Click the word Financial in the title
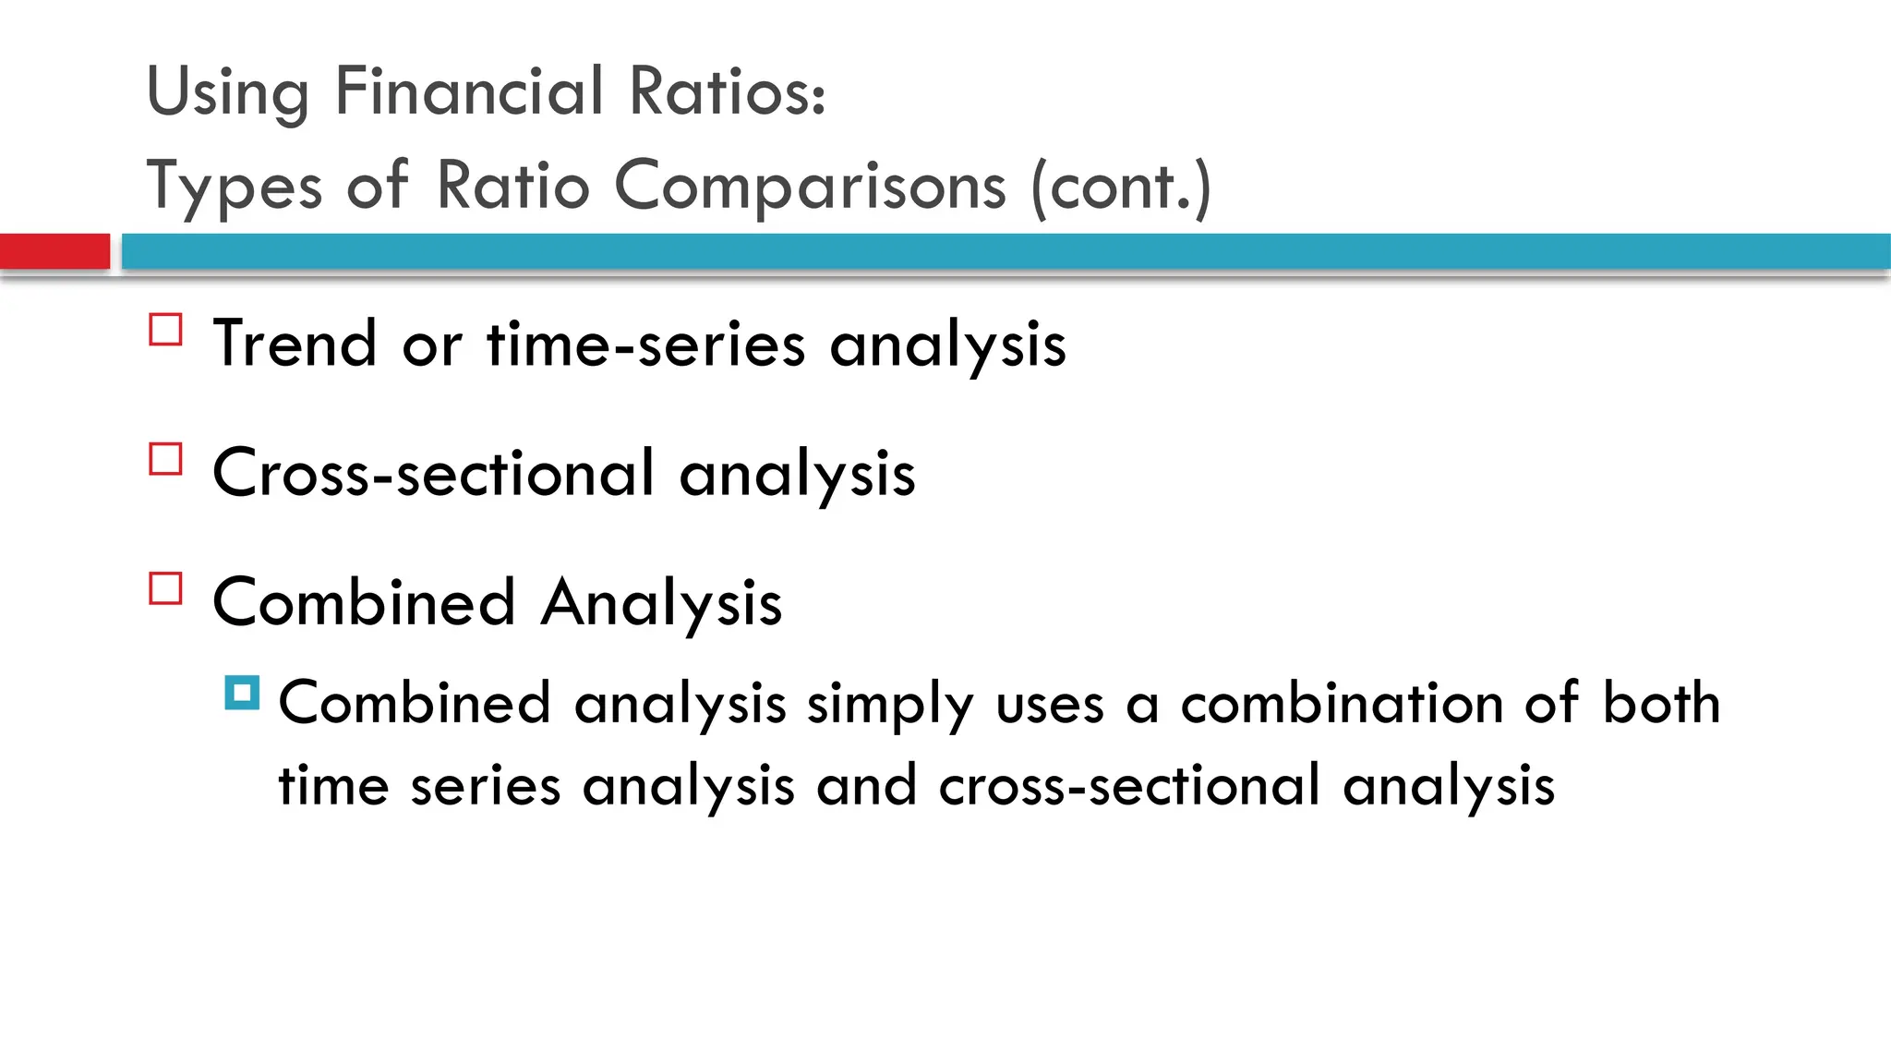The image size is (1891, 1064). [x=469, y=91]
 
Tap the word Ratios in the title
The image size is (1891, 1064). [x=726, y=91]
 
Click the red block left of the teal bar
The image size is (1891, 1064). [x=54, y=251]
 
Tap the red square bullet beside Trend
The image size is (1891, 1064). [x=165, y=330]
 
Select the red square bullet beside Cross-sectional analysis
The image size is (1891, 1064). [x=165, y=459]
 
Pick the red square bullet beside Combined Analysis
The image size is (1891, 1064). [x=165, y=588]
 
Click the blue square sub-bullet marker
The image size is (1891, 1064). [x=242, y=693]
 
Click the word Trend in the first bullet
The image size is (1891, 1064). [x=295, y=344]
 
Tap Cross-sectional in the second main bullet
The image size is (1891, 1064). [x=434, y=473]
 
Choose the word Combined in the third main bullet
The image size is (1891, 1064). [x=364, y=602]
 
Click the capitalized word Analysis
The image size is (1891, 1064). [x=661, y=602]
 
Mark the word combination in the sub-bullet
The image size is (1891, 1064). [x=1343, y=704]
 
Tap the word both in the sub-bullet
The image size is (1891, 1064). [x=1661, y=704]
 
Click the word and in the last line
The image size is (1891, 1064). [x=866, y=787]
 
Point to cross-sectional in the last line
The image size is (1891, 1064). [x=1129, y=787]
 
